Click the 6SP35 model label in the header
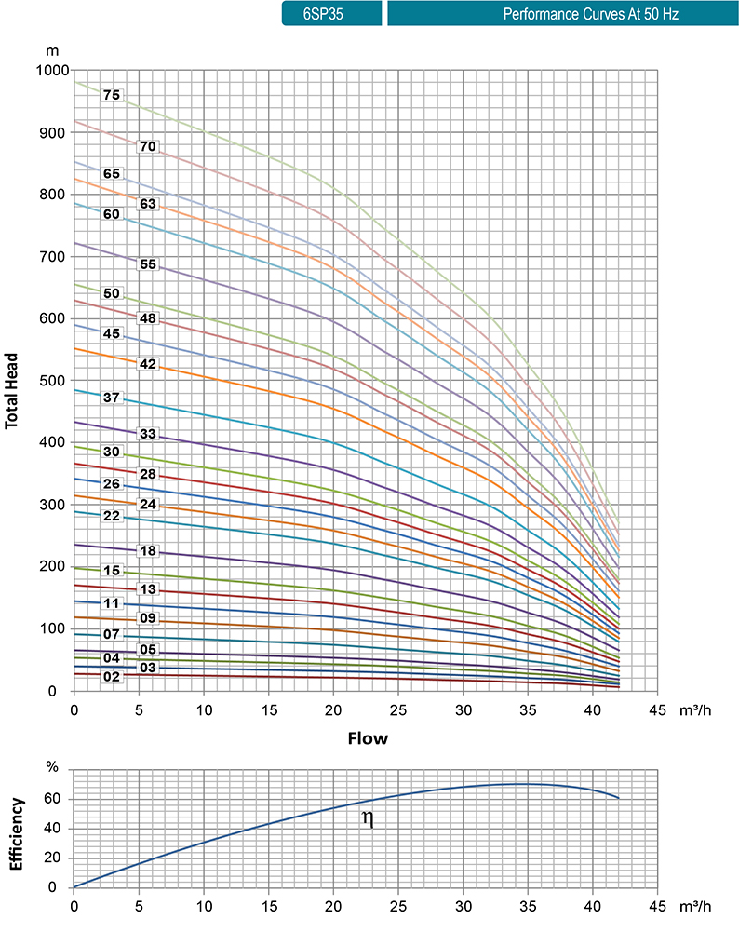pos(330,14)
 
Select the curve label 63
pos(146,203)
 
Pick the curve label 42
pos(146,364)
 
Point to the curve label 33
pos(146,434)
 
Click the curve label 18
pos(146,551)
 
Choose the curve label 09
pos(146,618)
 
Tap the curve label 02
pos(112,677)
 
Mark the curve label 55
pos(146,264)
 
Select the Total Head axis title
pos(13,382)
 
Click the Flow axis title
pos(367,739)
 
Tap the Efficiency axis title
pos(15,829)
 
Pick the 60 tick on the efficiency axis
pos(54,799)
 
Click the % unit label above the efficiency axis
pos(52,768)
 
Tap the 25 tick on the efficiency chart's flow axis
pos(398,905)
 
